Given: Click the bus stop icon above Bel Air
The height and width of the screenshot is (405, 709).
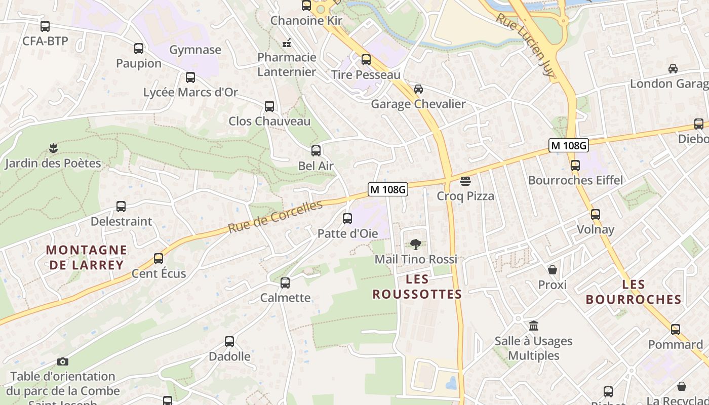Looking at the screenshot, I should pyautogui.click(x=316, y=151).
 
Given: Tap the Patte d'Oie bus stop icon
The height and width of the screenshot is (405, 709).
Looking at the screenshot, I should pyautogui.click(x=347, y=219).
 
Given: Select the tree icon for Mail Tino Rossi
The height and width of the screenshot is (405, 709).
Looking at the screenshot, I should pyautogui.click(x=416, y=245).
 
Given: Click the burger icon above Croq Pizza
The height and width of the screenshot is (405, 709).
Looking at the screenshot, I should pyautogui.click(x=465, y=181).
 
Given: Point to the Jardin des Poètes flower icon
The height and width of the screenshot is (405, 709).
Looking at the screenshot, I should pyautogui.click(x=54, y=148).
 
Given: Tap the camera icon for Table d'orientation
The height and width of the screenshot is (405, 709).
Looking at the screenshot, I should pyautogui.click(x=63, y=361).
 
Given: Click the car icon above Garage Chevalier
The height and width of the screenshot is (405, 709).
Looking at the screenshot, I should pyautogui.click(x=418, y=89).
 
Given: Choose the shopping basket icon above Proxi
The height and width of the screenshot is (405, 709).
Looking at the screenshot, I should pyautogui.click(x=553, y=270).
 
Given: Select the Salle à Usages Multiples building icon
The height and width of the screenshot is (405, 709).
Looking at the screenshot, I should pyautogui.click(x=534, y=326).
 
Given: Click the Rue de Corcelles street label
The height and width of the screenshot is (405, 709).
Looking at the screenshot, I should pyautogui.click(x=275, y=217).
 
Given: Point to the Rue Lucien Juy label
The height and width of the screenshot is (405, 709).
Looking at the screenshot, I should pyautogui.click(x=525, y=45).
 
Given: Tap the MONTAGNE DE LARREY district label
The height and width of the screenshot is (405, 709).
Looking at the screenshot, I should pyautogui.click(x=86, y=257).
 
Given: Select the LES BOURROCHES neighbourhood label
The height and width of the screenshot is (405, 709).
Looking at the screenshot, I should pyautogui.click(x=634, y=292).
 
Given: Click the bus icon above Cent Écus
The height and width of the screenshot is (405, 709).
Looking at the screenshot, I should pyautogui.click(x=159, y=259).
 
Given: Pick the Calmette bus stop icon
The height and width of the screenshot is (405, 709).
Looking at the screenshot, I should pyautogui.click(x=285, y=283).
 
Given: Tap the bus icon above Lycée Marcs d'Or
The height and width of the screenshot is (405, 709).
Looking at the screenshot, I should pyautogui.click(x=190, y=77).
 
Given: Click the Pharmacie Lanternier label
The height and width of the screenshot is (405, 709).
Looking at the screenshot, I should pyautogui.click(x=287, y=64).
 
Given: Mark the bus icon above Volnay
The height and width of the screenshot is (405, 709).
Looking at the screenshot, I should pyautogui.click(x=596, y=215).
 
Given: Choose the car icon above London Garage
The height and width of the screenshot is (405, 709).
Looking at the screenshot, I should pyautogui.click(x=673, y=69).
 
